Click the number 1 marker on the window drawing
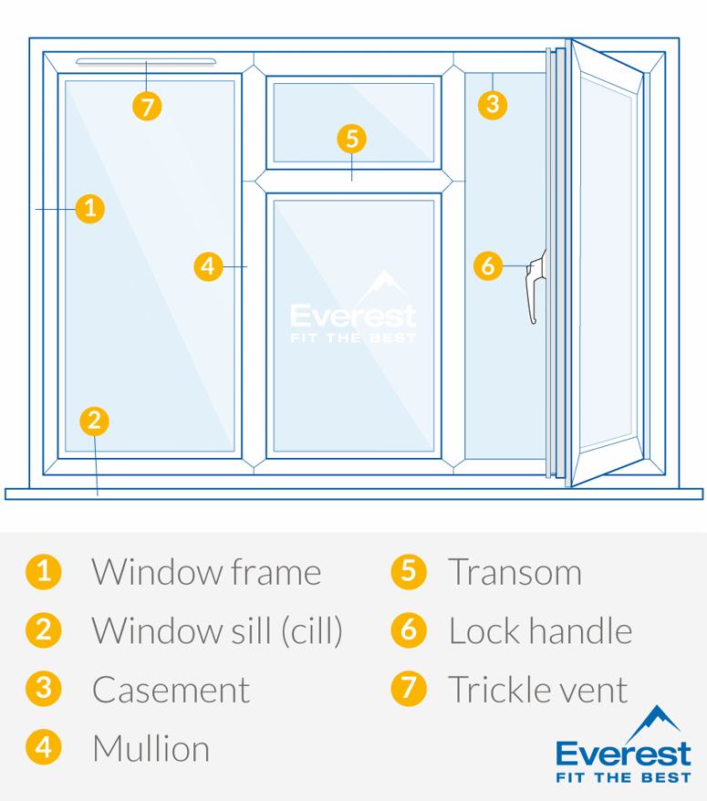click(x=89, y=209)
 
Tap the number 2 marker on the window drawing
click(x=94, y=421)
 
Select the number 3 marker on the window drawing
click(x=493, y=104)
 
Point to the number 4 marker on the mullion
click(x=209, y=266)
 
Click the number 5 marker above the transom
click(x=351, y=139)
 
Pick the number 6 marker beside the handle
click(x=488, y=266)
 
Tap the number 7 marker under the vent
click(x=147, y=106)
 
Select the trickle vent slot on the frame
click(x=146, y=62)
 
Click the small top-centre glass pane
click(x=353, y=121)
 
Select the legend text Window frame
click(x=206, y=573)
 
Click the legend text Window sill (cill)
click(x=217, y=631)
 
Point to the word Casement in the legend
click(x=171, y=690)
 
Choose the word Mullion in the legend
click(x=151, y=749)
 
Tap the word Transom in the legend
click(x=515, y=573)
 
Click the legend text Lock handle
click(x=540, y=631)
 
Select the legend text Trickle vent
click(x=537, y=690)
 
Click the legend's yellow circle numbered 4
click(x=43, y=747)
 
